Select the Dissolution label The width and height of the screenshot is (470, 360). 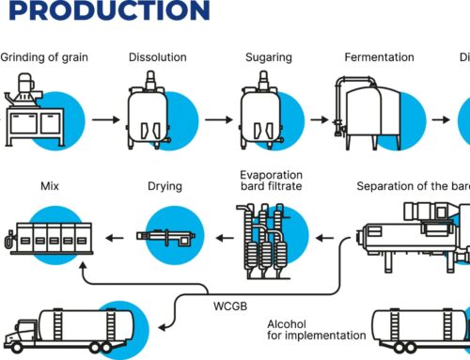157,58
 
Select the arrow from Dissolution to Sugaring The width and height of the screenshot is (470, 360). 215,120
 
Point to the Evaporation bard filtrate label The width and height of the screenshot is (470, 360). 272,180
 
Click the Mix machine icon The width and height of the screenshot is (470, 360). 46,240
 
